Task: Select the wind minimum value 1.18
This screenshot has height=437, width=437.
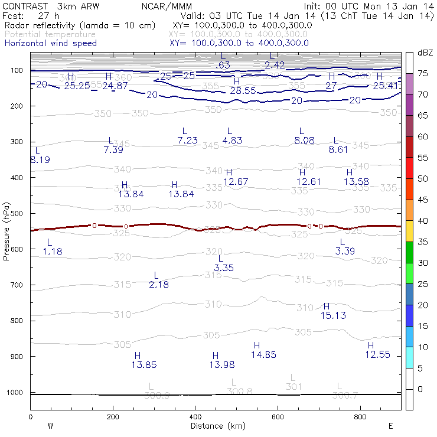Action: (x=53, y=252)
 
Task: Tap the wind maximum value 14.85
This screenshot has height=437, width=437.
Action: (x=263, y=355)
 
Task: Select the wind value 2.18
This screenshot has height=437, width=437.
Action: (x=159, y=285)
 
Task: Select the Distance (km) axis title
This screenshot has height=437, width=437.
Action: (x=218, y=425)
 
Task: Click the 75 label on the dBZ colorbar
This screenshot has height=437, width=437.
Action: (x=423, y=73)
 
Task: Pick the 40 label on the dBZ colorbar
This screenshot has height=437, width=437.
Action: (x=423, y=220)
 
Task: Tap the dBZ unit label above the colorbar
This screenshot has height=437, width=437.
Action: (x=424, y=53)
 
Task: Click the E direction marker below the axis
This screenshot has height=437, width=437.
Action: (x=391, y=425)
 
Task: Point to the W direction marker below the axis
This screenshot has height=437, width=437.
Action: (x=50, y=425)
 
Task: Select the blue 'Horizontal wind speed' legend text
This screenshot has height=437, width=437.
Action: (x=51, y=43)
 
